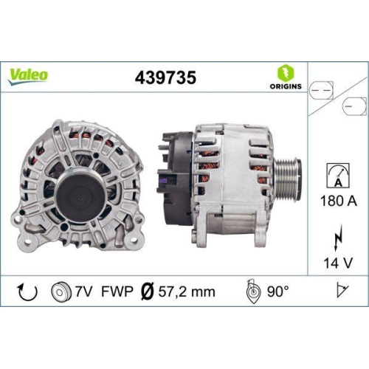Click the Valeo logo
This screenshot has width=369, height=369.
point(30,75)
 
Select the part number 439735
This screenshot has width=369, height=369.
point(165,77)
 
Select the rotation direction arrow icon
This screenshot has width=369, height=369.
point(26,292)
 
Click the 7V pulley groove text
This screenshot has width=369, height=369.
point(83,292)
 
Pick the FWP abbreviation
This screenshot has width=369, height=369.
point(117,292)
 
